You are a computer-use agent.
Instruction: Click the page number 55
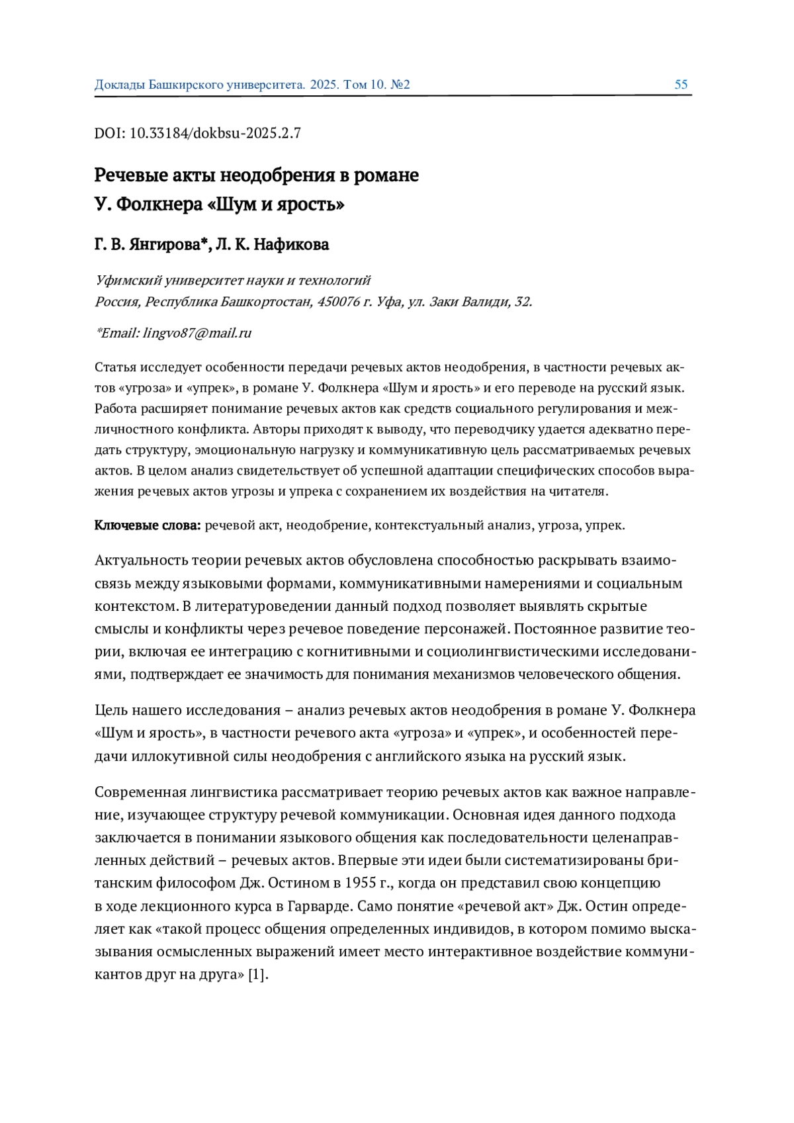point(681,85)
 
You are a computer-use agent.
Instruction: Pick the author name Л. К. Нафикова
point(273,245)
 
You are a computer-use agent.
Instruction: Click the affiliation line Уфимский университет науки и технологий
point(233,280)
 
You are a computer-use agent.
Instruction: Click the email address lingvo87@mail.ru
point(197,333)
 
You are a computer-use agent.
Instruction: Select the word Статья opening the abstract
point(114,367)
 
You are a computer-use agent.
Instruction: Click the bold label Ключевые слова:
point(148,525)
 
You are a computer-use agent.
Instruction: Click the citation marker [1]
point(257,975)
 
